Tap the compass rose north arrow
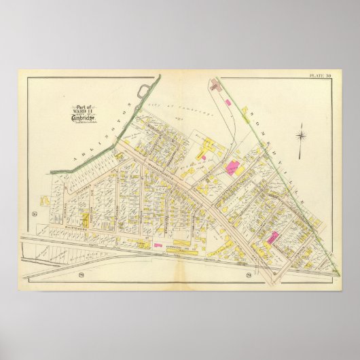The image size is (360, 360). [300, 127]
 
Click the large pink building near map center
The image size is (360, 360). [234, 168]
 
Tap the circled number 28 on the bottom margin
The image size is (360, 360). [249, 274]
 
